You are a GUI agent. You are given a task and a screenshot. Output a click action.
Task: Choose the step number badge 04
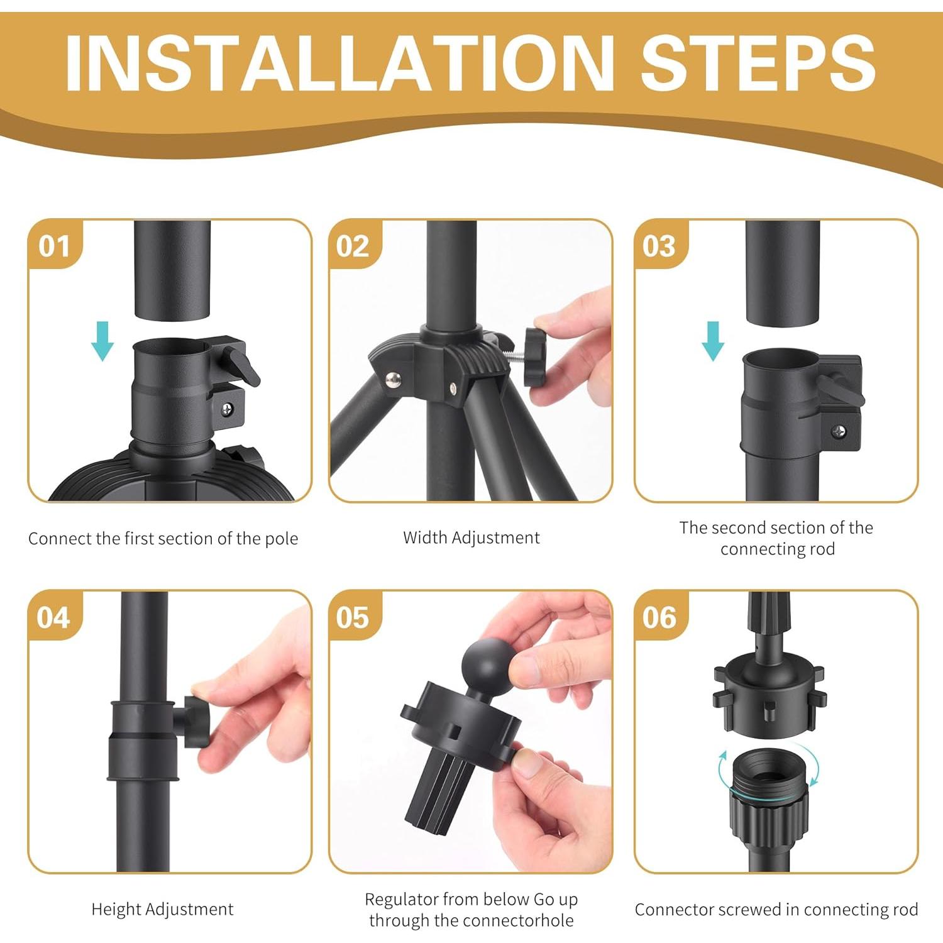(53, 617)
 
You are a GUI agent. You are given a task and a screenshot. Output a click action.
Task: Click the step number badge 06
(659, 617)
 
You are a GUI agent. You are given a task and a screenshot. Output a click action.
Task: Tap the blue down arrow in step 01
(102, 341)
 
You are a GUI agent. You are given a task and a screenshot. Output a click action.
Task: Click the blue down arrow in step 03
(713, 341)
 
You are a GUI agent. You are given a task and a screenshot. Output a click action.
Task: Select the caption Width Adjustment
(472, 538)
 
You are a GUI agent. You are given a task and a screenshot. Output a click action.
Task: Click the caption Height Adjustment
(162, 909)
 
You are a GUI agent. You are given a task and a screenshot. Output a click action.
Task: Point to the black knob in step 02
(540, 359)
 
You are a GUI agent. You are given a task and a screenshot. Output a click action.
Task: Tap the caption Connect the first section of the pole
(163, 539)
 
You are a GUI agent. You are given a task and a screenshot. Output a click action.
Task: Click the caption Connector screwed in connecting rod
(776, 910)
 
